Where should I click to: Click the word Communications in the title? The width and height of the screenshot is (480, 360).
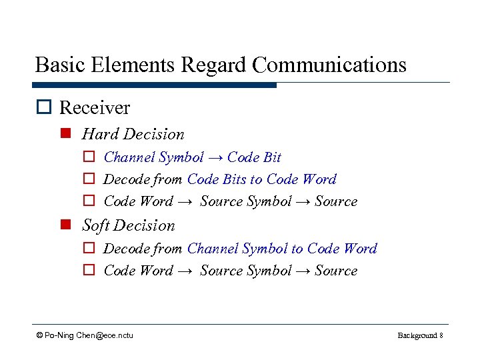coord(330,65)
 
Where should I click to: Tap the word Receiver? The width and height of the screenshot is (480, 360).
coord(95,107)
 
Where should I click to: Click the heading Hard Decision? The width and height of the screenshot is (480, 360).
coord(133,134)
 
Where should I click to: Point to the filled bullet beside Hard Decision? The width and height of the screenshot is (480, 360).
coord(65,134)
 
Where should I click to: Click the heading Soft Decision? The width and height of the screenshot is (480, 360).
coord(128,225)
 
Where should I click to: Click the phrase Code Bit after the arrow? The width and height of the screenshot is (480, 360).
coord(254,157)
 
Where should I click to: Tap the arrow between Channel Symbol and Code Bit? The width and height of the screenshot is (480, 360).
coord(215,158)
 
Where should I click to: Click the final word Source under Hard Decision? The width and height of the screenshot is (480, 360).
coord(336,201)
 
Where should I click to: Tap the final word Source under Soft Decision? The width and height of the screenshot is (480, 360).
coord(336,271)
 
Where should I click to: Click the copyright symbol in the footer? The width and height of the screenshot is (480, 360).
coord(40,335)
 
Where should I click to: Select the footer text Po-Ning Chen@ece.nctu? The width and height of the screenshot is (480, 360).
coord(89,335)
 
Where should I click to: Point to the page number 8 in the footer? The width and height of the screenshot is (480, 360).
coord(441,335)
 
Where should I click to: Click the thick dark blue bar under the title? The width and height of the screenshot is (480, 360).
coord(154,85)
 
